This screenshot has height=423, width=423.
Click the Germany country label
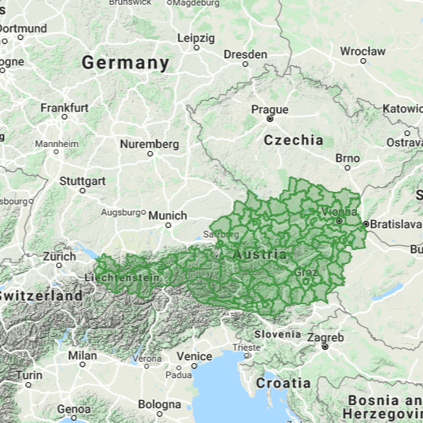click(x=125, y=62)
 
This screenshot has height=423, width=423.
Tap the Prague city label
click(x=270, y=109)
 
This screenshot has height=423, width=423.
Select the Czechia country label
click(x=293, y=140)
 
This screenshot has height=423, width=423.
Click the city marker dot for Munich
click(x=168, y=226)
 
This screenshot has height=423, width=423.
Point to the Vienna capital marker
click(x=339, y=221)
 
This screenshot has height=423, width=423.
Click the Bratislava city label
click(x=396, y=224)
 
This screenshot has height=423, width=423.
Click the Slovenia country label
click(x=276, y=333)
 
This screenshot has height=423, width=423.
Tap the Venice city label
click(x=194, y=356)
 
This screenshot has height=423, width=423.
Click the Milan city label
click(x=83, y=355)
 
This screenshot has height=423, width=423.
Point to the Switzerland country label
click(x=41, y=296)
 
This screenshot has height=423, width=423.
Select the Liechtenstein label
click(x=127, y=278)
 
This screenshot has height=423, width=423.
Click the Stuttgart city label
click(x=82, y=179)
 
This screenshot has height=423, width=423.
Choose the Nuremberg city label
click(x=149, y=144)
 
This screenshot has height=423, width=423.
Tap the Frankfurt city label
click(x=64, y=107)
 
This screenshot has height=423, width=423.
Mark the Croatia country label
click(x=282, y=383)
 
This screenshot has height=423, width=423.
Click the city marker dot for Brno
click(x=348, y=169)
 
